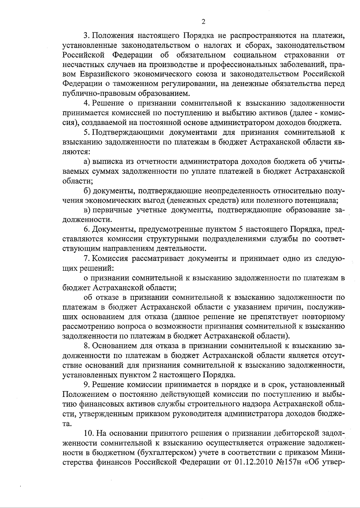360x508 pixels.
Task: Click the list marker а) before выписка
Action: [x=87, y=162]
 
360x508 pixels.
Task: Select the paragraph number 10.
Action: [x=89, y=433]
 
